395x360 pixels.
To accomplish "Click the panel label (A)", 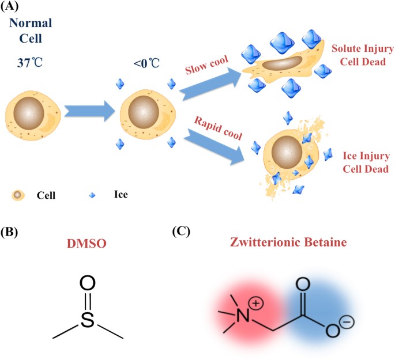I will [11, 7].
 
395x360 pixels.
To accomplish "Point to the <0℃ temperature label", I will [145, 63].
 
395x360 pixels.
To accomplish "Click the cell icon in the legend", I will [19, 196].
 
